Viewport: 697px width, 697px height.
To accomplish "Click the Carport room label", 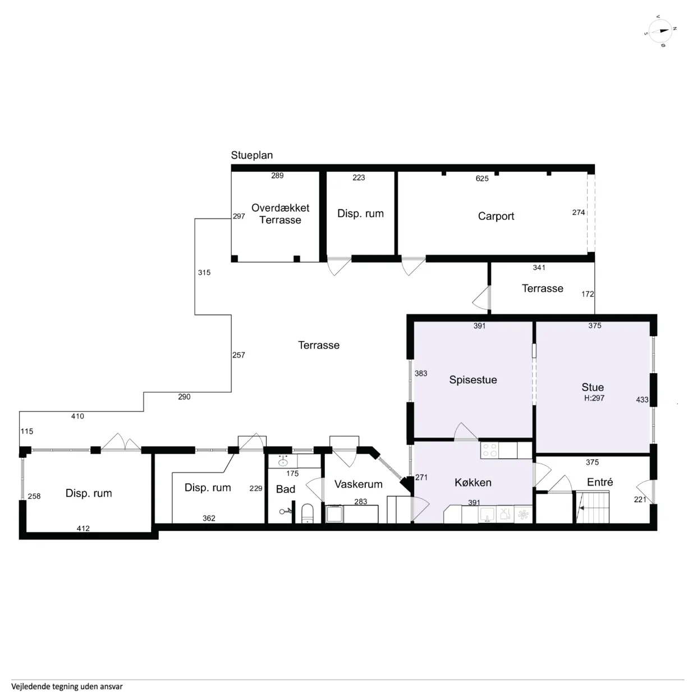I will point(496,216).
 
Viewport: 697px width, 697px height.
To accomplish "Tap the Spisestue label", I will point(473,380).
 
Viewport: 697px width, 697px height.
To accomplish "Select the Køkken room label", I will point(473,483).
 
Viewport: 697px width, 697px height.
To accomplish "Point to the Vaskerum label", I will point(358,484).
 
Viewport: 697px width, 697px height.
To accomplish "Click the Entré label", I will point(599,482).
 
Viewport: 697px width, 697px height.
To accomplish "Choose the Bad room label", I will point(285,489).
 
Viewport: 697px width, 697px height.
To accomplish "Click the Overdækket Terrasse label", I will point(280,214).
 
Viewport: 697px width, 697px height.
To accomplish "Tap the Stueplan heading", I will point(251,155).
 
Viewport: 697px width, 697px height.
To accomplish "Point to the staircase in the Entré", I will point(593,507).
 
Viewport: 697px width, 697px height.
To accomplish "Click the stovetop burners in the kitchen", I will point(489,450).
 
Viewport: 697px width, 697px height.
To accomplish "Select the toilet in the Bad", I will point(307,513).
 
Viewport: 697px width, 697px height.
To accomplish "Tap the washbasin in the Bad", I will point(283,462).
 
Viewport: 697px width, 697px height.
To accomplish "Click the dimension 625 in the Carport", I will point(482,178).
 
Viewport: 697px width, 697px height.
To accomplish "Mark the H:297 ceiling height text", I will point(594,398).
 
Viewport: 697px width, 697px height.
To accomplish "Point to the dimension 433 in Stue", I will point(642,400).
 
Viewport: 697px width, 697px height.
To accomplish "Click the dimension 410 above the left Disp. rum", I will point(77,416).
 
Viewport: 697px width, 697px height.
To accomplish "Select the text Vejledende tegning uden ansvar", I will point(67,686).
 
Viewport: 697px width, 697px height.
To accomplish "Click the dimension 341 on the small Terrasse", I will point(539,268).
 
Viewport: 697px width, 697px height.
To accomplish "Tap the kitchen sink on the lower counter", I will point(487,513).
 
